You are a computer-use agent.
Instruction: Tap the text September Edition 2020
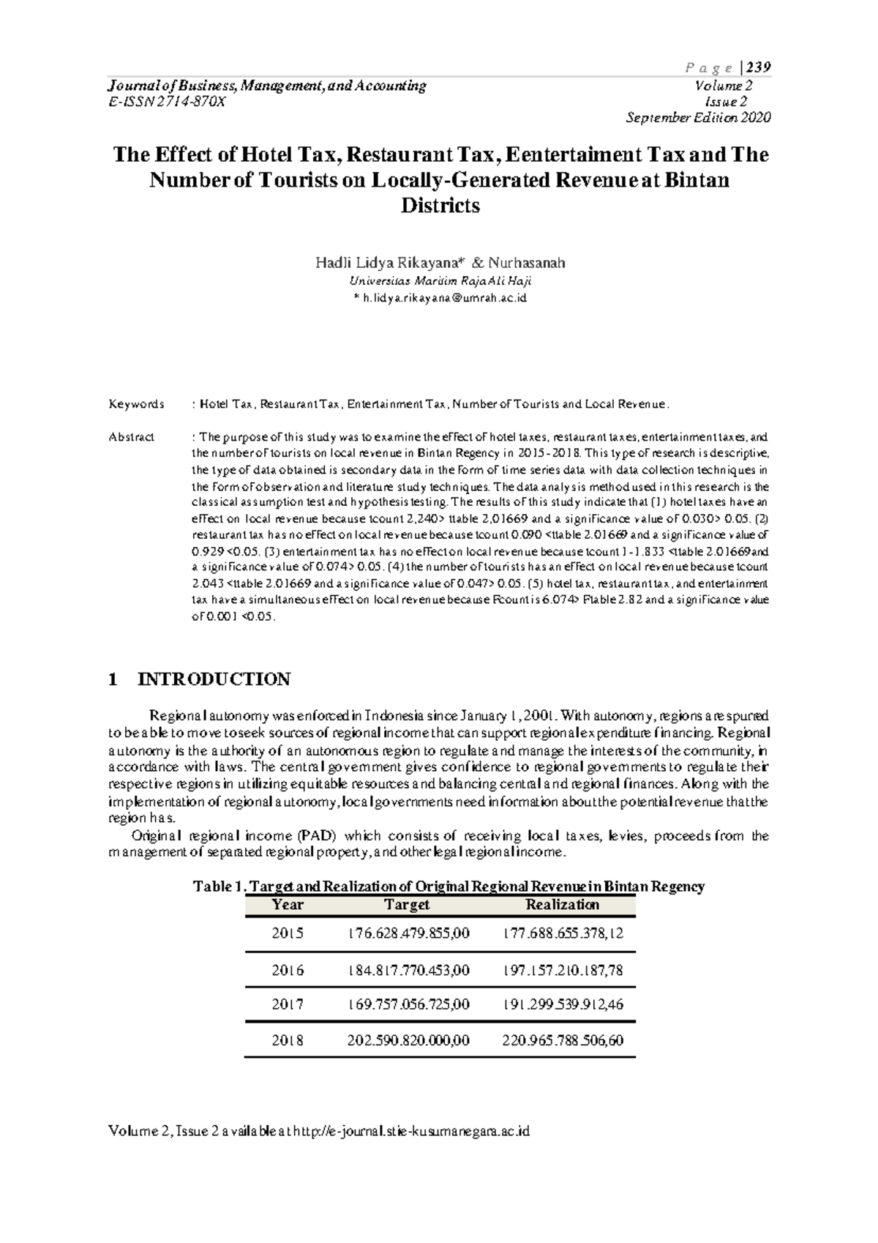coord(698,118)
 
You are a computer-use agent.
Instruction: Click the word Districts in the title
coord(440,206)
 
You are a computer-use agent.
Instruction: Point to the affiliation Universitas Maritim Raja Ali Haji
coord(440,281)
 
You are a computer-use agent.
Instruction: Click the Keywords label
coord(137,404)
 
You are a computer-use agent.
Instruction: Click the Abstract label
coord(132,437)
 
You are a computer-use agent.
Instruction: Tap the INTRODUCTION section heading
coord(214,679)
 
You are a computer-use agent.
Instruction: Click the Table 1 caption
coord(448,886)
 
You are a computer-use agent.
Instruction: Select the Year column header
coord(287,905)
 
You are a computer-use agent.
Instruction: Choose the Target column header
coord(407,905)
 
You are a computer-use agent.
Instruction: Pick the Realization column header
coord(562,905)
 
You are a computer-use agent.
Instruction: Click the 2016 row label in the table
coord(287,971)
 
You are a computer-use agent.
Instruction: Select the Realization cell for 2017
coord(563,1005)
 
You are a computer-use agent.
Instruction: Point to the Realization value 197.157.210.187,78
coord(563,971)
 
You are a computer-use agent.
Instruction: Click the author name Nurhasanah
coord(527,263)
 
